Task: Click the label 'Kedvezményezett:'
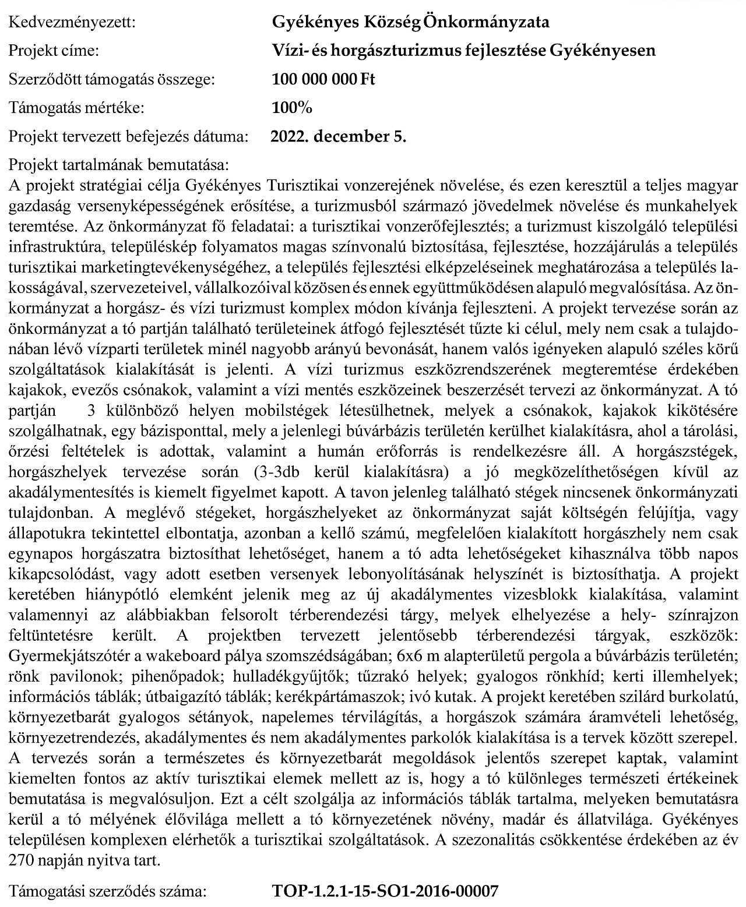(71, 23)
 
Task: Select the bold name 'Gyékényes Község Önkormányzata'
(410, 23)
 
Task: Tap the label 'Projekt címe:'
(54, 51)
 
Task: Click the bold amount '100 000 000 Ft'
(323, 79)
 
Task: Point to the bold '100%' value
(292, 108)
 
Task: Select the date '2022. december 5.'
(339, 137)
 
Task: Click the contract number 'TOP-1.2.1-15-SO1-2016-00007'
(385, 891)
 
